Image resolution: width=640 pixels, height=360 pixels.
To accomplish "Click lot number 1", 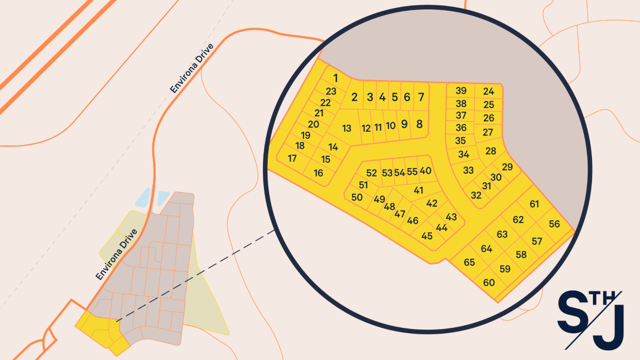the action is (x=335, y=78).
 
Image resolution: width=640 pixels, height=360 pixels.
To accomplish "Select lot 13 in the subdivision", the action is (x=347, y=128).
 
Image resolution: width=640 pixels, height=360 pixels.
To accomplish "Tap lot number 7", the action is (x=421, y=97).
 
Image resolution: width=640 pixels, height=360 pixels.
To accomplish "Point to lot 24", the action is (x=489, y=91).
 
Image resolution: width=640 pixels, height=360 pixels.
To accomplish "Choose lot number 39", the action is (x=461, y=91).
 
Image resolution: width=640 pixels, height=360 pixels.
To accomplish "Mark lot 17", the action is (x=292, y=158).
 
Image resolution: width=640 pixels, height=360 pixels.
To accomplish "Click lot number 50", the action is (x=357, y=197).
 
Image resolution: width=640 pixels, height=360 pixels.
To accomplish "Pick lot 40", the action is (x=425, y=171).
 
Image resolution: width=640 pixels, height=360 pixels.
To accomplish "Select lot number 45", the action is (x=427, y=236).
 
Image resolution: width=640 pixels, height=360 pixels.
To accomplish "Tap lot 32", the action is (x=476, y=195).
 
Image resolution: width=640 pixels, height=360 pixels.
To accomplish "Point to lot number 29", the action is (x=507, y=167).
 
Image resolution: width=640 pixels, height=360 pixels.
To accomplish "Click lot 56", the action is (x=554, y=224).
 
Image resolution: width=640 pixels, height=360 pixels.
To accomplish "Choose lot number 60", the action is (x=489, y=283).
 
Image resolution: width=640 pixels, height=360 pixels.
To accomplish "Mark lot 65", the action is (x=469, y=262).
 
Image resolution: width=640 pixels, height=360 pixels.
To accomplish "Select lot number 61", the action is (x=534, y=204).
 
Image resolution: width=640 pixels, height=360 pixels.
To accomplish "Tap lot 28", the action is (x=491, y=151).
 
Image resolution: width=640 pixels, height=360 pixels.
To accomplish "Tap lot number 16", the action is (x=318, y=173).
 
